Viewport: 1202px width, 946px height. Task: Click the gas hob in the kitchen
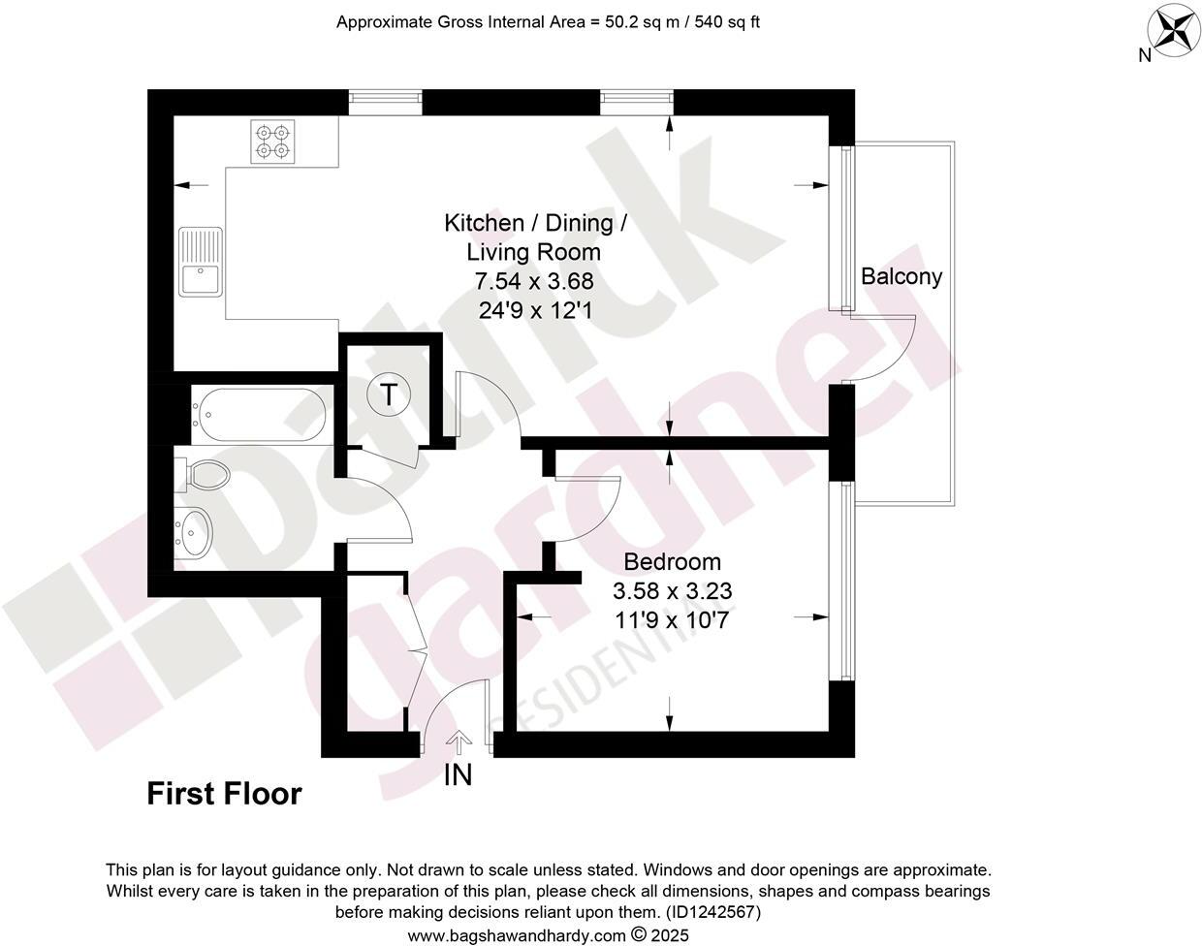(x=272, y=141)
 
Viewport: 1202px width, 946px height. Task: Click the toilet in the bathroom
(x=206, y=475)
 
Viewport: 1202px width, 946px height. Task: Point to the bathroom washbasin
(x=197, y=532)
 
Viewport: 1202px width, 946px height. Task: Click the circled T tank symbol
(x=389, y=395)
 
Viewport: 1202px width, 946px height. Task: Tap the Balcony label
(x=901, y=277)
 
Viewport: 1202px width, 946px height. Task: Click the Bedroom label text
(x=672, y=562)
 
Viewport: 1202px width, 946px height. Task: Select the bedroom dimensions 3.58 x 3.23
(x=672, y=590)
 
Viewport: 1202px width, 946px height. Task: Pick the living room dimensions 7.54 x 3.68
(x=533, y=282)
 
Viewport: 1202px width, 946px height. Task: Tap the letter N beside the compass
(x=1144, y=55)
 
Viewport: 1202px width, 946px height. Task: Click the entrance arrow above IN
(x=459, y=741)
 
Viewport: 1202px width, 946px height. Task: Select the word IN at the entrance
(x=458, y=775)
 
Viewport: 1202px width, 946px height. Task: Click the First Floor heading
(x=224, y=795)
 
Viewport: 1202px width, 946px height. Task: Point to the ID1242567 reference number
(x=712, y=912)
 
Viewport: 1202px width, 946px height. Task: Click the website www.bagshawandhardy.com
(x=517, y=935)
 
